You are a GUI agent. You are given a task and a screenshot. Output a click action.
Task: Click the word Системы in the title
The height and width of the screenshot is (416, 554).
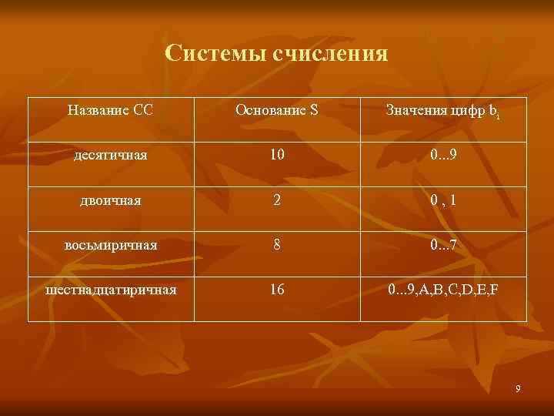coord(208,54)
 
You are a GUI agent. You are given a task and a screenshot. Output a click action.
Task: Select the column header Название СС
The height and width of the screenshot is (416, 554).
coord(110,110)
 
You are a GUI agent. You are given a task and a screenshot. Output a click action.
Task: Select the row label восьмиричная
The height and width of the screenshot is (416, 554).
coord(111,245)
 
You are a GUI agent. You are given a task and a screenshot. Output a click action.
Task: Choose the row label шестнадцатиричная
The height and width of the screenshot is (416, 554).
coord(111,290)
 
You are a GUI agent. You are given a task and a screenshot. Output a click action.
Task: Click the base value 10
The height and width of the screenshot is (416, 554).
coord(277,155)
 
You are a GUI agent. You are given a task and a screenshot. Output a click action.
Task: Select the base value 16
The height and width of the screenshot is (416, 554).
coord(277,290)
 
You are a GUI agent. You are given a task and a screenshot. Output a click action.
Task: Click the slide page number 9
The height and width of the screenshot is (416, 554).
coord(519,389)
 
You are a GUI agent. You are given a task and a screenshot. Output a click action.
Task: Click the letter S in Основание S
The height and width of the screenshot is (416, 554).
coord(313,110)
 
